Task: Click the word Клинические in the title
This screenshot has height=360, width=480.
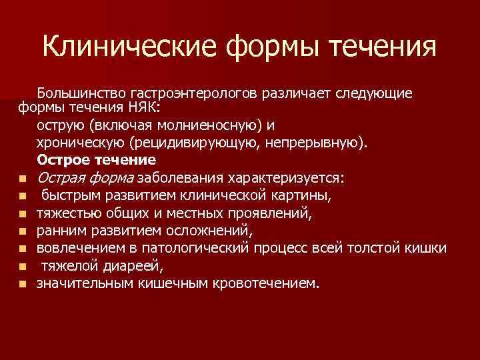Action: click(x=129, y=47)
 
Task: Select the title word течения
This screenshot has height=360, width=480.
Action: click(x=379, y=47)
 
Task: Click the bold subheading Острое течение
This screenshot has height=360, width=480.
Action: click(x=97, y=161)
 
